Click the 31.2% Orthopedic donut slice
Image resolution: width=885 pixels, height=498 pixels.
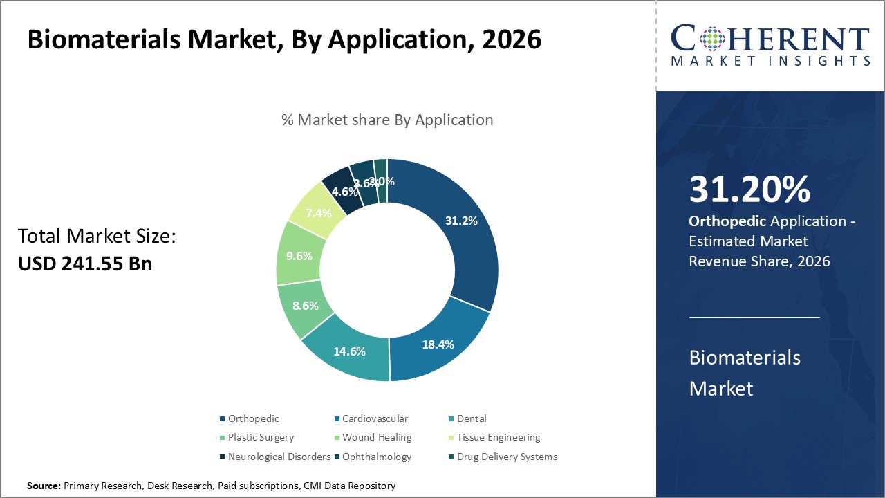point(460,221)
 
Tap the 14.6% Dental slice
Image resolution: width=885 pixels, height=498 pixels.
point(349,351)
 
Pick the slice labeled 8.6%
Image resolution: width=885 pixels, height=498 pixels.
point(305,305)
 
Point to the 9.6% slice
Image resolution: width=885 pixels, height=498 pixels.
point(298,255)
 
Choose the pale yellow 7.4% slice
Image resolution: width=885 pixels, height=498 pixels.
point(319,212)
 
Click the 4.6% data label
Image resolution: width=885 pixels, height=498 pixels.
point(345,192)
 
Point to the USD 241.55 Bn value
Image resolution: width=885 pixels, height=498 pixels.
point(85,264)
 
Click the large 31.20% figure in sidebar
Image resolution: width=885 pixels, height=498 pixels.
point(749,190)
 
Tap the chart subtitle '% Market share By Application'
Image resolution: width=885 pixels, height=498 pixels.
point(387,120)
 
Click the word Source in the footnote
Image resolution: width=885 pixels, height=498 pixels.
point(44,486)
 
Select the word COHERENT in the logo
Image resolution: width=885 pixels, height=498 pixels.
point(770,39)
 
